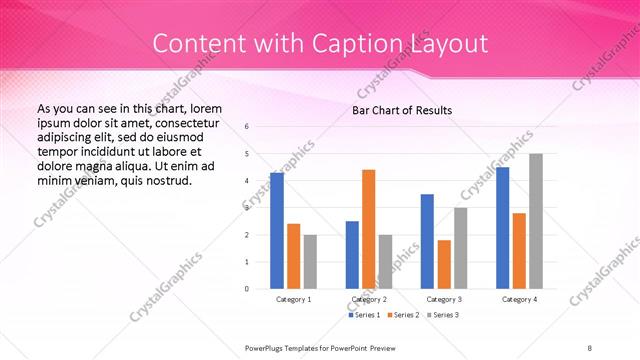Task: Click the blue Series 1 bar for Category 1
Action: pos(277,231)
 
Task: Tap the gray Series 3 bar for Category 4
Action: pos(536,221)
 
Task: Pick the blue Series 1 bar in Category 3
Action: pos(427,241)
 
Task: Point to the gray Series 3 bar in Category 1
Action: pos(310,262)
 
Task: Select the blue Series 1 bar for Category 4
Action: pos(502,228)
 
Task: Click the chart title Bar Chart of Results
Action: pos(402,110)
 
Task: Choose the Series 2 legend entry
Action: pos(403,315)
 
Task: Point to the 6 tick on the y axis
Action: pos(247,127)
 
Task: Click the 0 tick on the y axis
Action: pos(247,289)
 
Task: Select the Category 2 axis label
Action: pos(369,299)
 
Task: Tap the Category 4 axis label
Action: pos(519,299)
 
